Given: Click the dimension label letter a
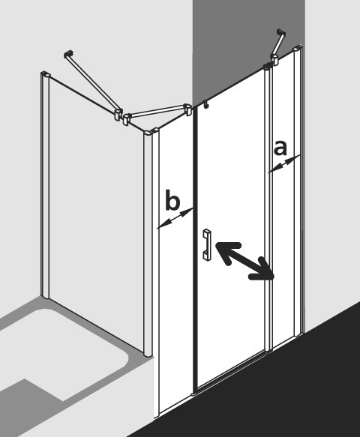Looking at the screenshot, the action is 280,148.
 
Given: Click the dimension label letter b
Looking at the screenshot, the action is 172,199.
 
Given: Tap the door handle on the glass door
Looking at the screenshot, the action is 207,245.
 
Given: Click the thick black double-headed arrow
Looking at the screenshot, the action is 245,261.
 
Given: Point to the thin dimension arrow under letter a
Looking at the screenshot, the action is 283,164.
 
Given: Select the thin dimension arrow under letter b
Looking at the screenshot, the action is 175,218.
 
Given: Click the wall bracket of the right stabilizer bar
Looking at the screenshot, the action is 281,33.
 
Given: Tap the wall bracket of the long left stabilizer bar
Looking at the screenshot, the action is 68,54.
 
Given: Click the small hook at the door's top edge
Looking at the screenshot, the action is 206,105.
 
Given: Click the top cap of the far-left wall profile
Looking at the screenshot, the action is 46,74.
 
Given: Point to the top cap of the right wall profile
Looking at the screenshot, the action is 297,48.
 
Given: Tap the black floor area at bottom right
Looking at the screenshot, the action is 279,391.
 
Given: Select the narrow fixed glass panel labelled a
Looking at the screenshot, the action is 283,195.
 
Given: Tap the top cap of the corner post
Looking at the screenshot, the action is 151,131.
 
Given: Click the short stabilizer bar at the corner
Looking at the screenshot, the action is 157,111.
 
